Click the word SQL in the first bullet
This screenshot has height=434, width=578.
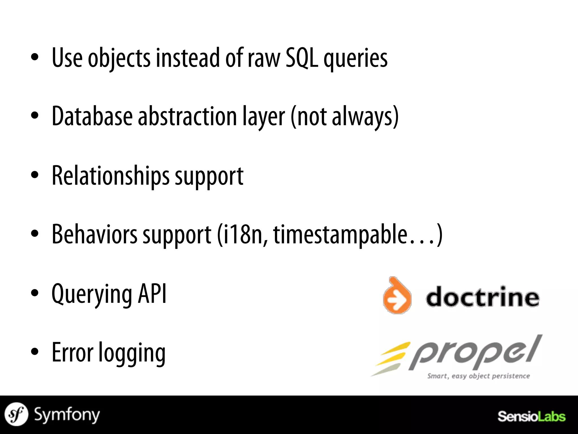click(301, 58)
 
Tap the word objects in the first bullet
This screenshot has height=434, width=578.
click(119, 58)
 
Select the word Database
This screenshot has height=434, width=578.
click(92, 116)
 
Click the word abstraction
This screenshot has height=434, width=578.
click(187, 116)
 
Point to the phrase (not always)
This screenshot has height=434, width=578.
click(344, 116)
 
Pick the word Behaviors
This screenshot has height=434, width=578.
click(95, 235)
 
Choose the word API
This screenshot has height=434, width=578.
click(152, 294)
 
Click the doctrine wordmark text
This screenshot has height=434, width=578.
click(482, 297)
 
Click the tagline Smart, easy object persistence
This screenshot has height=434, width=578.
click(478, 376)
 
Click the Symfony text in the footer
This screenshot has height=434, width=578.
click(67, 415)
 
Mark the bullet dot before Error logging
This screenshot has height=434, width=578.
click(34, 353)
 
